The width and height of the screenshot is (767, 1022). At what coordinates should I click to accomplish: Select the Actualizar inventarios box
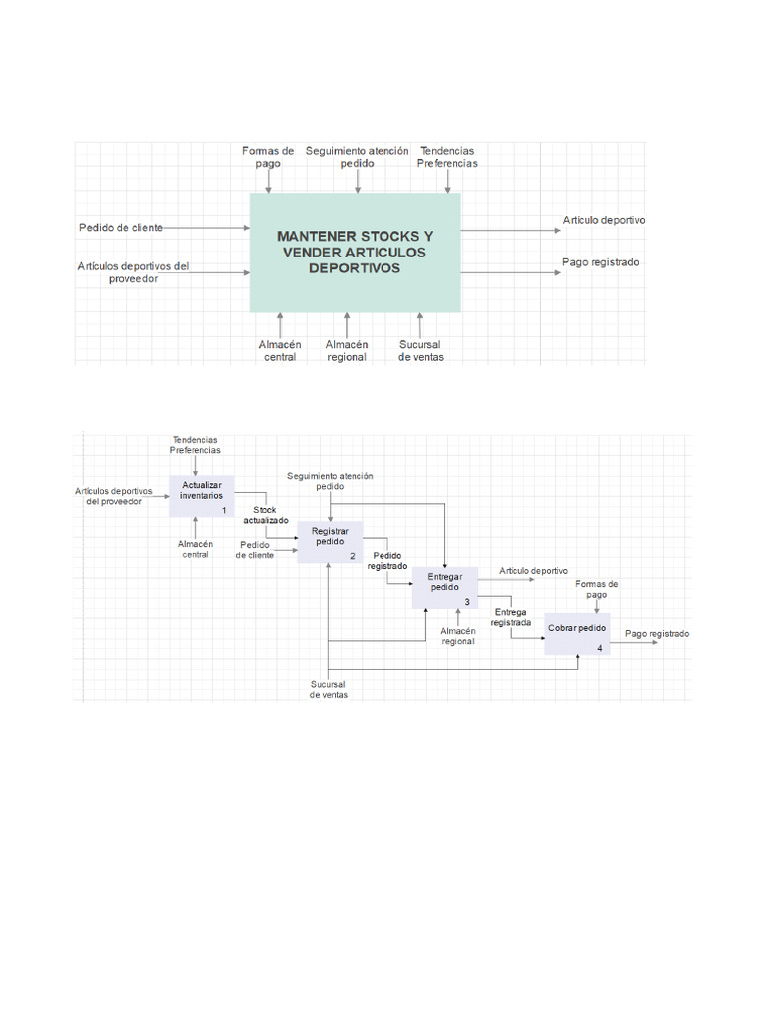tap(202, 495)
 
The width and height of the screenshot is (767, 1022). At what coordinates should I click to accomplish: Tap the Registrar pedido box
tap(330, 542)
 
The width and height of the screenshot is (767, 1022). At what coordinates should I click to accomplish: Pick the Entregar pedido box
tap(445, 587)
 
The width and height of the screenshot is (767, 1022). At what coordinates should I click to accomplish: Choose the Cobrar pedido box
tap(577, 634)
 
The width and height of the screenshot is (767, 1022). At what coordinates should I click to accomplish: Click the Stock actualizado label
tap(266, 515)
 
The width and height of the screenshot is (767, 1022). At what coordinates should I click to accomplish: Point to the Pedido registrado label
tap(387, 560)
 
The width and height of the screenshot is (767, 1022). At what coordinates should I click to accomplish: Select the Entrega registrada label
tap(511, 616)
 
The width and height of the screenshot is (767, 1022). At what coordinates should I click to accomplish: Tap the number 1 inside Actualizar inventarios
tap(224, 510)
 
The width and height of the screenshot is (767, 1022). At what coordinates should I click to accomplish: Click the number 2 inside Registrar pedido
tap(352, 556)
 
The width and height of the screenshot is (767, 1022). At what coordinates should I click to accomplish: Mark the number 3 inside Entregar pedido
tap(466, 601)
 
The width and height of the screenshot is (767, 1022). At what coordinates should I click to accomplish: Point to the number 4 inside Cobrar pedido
tap(599, 648)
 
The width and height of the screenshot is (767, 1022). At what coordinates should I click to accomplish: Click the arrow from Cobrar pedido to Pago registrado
tap(633, 642)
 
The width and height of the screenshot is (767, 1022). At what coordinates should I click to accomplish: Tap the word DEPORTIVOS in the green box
tap(355, 268)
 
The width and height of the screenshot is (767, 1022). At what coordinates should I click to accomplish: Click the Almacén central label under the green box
tap(280, 350)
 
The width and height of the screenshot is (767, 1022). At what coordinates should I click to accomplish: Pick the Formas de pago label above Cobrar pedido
tap(597, 589)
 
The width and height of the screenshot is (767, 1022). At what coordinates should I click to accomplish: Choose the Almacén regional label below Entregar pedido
tap(458, 636)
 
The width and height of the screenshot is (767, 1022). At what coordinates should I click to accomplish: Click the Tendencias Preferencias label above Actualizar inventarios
tap(195, 444)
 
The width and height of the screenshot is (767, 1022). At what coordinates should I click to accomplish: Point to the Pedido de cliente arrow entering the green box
tap(208, 228)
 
